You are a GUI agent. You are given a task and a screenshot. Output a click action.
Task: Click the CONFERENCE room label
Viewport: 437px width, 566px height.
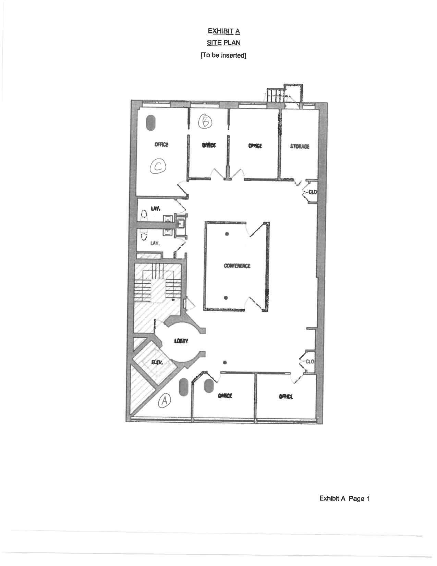point(237,266)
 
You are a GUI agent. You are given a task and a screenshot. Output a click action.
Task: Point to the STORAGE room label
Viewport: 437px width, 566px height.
point(300,146)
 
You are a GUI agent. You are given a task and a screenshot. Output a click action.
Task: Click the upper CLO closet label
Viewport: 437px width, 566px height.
point(312,192)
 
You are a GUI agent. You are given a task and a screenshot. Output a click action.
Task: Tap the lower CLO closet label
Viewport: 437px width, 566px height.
point(309,362)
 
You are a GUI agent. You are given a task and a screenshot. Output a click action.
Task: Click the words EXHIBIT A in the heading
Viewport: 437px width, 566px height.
point(224,32)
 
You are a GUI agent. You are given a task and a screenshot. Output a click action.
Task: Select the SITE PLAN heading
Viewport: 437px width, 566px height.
point(223,43)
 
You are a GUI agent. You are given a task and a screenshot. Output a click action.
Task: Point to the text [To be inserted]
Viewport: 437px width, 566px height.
point(223,55)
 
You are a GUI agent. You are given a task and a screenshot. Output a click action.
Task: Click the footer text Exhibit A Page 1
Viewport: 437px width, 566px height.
point(344,498)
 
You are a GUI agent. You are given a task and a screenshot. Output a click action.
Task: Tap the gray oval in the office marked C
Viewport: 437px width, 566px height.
point(150,122)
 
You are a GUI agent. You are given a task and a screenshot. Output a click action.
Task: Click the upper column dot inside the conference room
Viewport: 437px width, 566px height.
point(227,234)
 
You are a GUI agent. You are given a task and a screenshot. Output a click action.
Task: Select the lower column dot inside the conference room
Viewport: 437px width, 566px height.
point(226,297)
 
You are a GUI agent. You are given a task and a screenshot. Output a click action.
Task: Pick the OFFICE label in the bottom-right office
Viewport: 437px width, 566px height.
point(286,397)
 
